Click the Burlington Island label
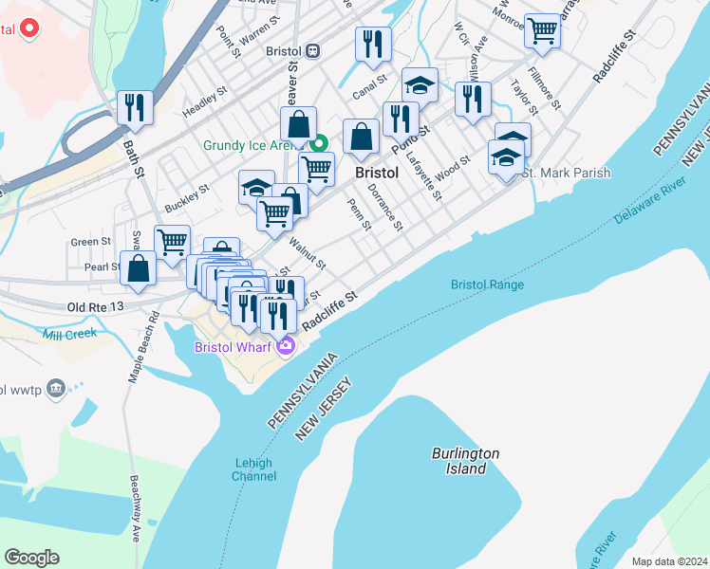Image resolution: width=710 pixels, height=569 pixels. (x=465, y=461)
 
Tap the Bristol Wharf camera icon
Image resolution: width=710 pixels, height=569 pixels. (x=286, y=346)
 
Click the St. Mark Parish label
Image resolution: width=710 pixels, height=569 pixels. (x=566, y=173)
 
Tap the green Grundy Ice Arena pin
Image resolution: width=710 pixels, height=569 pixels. (x=320, y=144)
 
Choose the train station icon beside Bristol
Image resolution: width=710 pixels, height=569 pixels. (x=312, y=50)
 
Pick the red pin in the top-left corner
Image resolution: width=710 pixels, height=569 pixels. (x=29, y=28)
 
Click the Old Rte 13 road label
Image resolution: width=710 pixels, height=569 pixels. (x=96, y=307)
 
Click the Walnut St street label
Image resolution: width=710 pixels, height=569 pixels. (x=308, y=253)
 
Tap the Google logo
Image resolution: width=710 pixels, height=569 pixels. (x=31, y=558)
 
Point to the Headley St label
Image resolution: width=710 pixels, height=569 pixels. (x=205, y=103)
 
